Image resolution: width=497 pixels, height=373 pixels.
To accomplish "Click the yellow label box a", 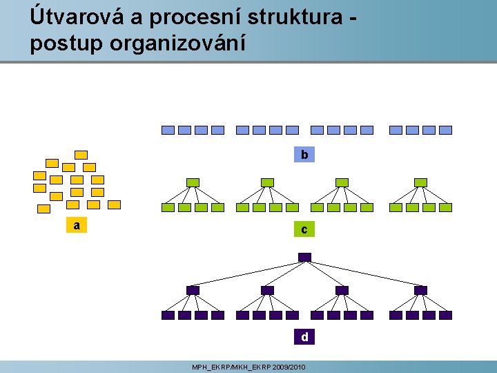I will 77,225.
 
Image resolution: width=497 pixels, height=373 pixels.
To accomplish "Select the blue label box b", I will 304,155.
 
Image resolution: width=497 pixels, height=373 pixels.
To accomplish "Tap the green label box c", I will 304,229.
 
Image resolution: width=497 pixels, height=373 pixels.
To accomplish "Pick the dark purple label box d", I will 304,337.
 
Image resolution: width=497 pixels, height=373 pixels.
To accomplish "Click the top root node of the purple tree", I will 304,258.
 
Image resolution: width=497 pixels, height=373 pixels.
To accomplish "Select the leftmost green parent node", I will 193,182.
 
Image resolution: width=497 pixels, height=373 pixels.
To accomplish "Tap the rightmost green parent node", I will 420,182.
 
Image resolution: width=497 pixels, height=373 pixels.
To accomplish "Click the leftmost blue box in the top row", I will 168,130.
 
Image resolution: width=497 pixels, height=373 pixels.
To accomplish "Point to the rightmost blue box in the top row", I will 446,130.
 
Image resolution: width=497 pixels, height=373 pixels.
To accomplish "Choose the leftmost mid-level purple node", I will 193,290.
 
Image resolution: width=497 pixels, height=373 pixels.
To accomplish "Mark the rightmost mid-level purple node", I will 420,290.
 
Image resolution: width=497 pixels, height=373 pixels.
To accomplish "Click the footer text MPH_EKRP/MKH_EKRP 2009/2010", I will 248,367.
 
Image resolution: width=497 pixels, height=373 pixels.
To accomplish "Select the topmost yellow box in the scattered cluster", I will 81,155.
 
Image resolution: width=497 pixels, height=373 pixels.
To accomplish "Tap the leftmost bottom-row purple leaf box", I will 168,315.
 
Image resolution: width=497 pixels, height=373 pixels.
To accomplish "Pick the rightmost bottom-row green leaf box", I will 446,207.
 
